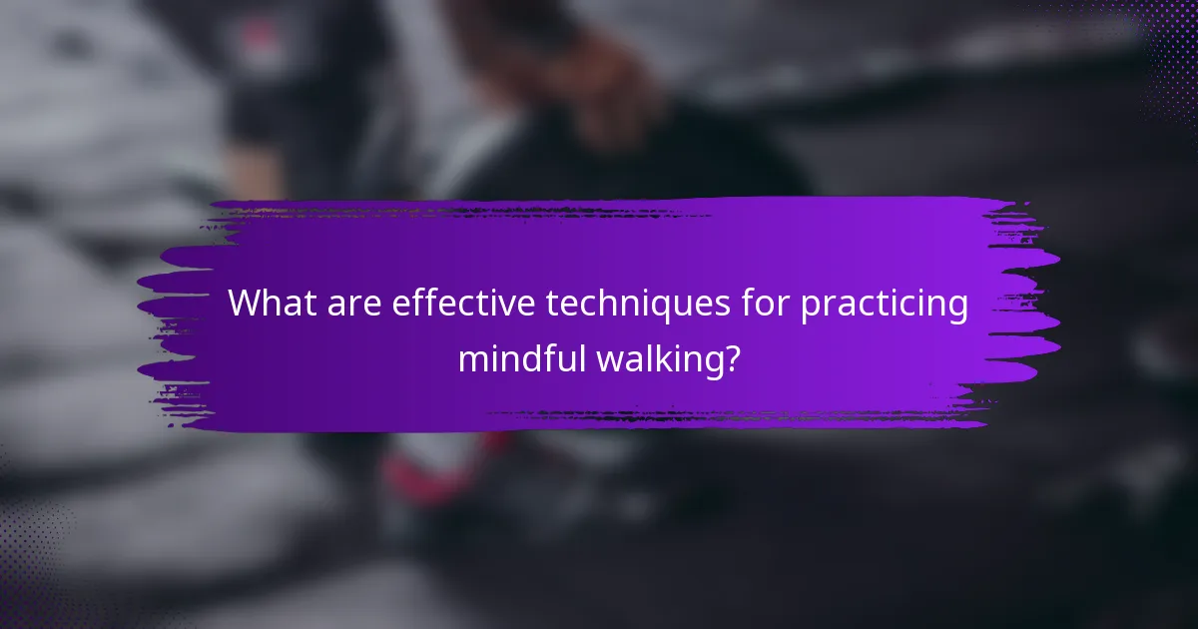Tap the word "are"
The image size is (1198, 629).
[x=350, y=305]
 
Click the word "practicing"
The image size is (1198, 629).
[x=885, y=306]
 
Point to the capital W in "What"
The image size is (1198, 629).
[x=246, y=305]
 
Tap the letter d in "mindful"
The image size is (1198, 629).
[x=546, y=357]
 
